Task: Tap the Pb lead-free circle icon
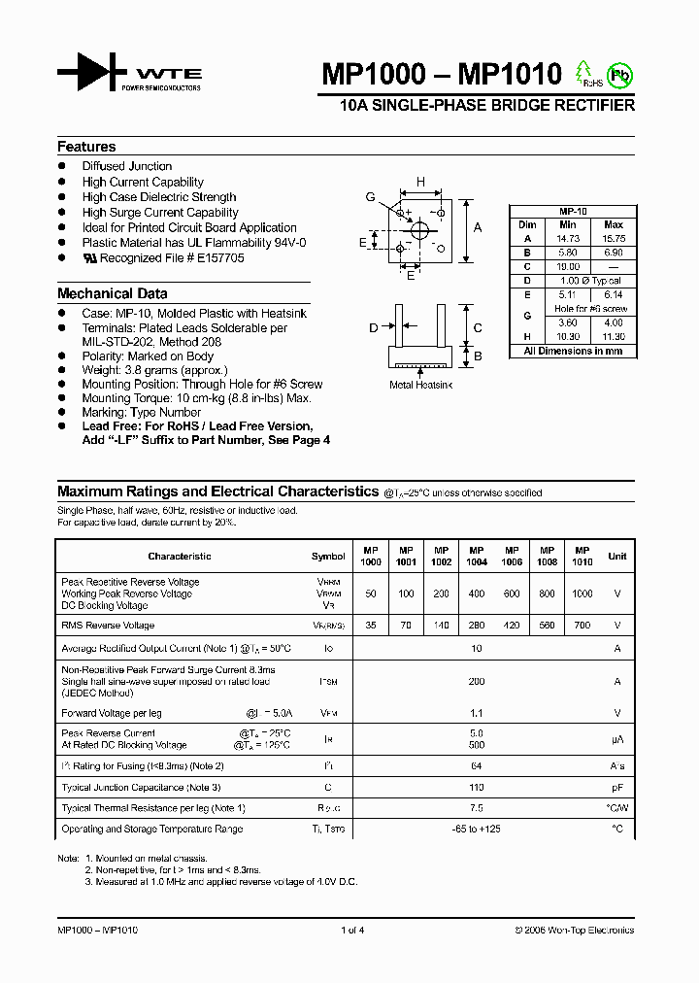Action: coord(617,74)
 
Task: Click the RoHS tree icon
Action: coord(583,73)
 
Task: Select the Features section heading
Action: coord(86,147)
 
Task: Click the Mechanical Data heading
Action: coord(112,293)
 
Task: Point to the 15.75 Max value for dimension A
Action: coord(614,238)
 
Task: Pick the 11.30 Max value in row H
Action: coord(614,336)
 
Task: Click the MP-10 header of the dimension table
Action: coord(573,211)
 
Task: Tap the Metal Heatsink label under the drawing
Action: coord(420,385)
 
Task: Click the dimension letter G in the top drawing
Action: coord(370,197)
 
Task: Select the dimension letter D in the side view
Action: coord(373,328)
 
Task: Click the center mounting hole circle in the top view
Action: coord(420,230)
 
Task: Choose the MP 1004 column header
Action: coord(477,556)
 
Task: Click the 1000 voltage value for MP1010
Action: coord(582,593)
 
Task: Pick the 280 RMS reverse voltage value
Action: coord(477,626)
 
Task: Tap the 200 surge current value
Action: coord(477,682)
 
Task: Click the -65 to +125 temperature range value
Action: coord(476,830)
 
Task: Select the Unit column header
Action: coord(617,557)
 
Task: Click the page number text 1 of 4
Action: coord(352,931)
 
